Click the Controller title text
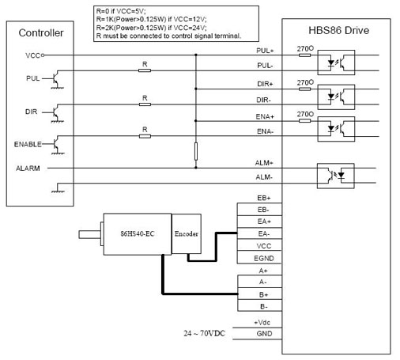(x=41, y=33)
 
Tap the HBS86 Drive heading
(x=338, y=30)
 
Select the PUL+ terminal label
(x=265, y=51)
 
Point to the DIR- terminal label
(x=264, y=100)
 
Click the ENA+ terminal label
(x=265, y=116)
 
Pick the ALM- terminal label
(x=264, y=177)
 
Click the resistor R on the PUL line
(x=145, y=70)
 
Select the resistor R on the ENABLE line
(x=145, y=136)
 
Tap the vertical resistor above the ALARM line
(x=196, y=151)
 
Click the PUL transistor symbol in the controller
(x=56, y=79)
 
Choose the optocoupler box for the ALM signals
(x=335, y=176)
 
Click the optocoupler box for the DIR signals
(x=336, y=97)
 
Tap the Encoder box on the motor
(x=187, y=233)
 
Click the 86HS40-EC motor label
(x=138, y=233)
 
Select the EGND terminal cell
(x=259, y=258)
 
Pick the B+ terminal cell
(x=260, y=294)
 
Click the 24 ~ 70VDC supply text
(x=205, y=333)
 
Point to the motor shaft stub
(x=89, y=234)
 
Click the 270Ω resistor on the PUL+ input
(x=305, y=55)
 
